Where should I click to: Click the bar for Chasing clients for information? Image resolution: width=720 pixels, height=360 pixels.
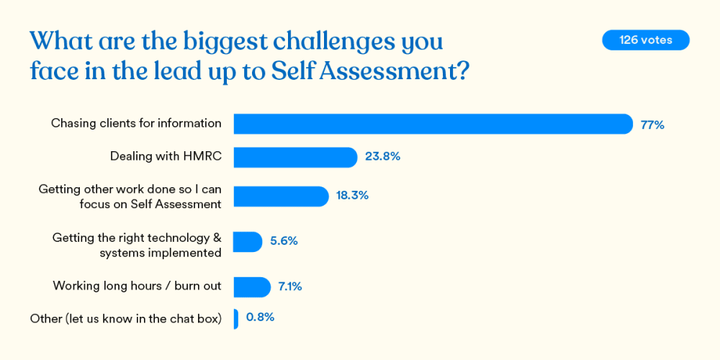[x=433, y=124]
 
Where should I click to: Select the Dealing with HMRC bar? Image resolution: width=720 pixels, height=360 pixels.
[x=295, y=157]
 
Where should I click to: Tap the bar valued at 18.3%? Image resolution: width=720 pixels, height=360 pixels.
[x=281, y=196]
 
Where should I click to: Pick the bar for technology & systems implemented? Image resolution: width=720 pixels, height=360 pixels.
[x=248, y=242]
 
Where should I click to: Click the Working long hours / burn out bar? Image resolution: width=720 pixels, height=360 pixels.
[x=252, y=287]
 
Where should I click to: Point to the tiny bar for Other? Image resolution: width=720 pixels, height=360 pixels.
[x=235, y=318]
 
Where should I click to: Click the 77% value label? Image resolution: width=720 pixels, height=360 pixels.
[x=652, y=125]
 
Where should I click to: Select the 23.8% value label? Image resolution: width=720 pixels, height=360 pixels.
[x=382, y=156]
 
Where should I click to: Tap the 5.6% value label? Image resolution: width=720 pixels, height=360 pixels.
[x=284, y=241]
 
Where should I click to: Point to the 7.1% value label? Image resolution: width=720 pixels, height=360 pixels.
[x=289, y=287]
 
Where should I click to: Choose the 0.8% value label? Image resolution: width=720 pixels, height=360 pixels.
[x=260, y=317]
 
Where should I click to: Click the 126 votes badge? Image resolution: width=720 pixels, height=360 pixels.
[x=645, y=40]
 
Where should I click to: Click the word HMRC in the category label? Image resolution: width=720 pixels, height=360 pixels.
[x=203, y=156]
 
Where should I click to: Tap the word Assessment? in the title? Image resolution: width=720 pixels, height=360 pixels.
[x=408, y=71]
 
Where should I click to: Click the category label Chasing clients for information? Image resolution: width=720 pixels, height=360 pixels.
[x=136, y=123]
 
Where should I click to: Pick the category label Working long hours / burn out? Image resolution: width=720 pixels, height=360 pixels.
[x=137, y=286]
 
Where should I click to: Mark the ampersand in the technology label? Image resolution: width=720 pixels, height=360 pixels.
[x=217, y=237]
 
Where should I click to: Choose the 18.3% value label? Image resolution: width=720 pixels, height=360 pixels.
[x=352, y=195]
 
